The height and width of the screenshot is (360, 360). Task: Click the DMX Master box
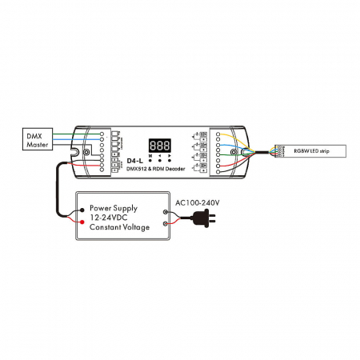37,139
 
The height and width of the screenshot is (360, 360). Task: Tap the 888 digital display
159,146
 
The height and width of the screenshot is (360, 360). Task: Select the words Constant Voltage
121,228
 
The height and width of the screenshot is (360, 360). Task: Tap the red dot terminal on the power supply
80,222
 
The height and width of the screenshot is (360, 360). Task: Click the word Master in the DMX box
37,145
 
